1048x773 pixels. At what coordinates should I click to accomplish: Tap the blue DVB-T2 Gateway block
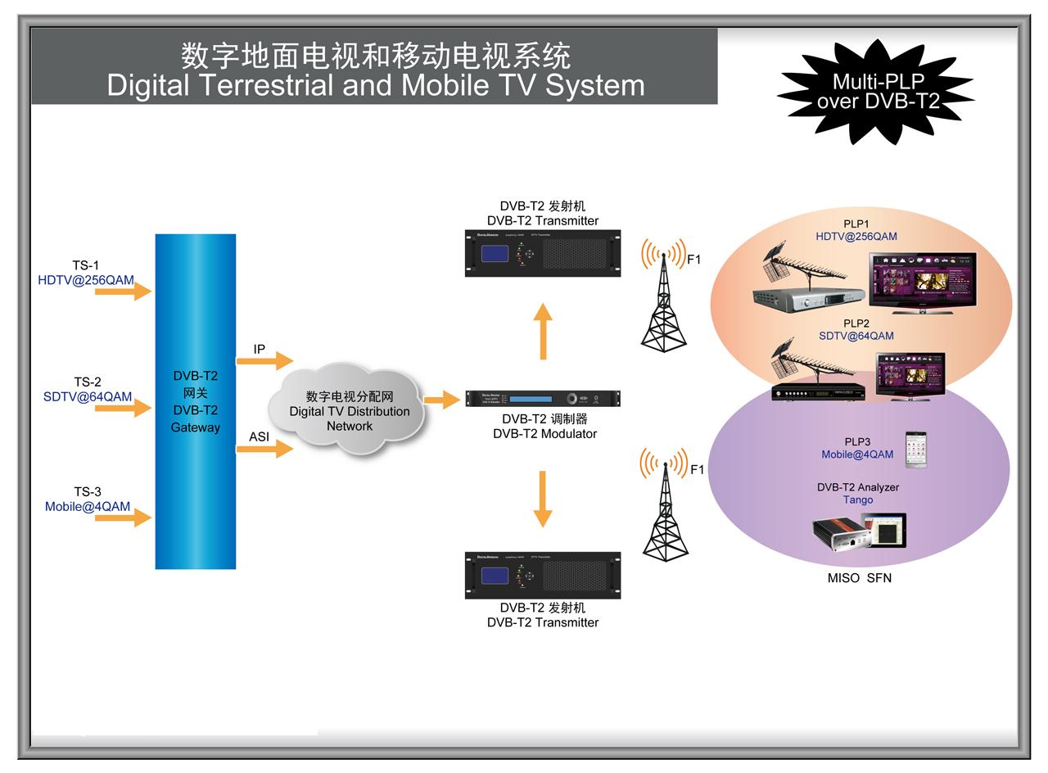pos(196,401)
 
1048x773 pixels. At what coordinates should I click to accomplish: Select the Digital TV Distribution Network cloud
pos(349,409)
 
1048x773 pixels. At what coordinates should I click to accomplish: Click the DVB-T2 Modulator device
pos(543,399)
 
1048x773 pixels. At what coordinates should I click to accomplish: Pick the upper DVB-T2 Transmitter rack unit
pos(543,253)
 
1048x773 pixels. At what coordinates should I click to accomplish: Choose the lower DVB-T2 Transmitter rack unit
pos(543,575)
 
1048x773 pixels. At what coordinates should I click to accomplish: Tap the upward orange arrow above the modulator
pos(542,331)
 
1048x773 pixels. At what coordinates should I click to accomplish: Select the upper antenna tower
pos(664,299)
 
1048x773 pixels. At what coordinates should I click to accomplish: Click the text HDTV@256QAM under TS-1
pos(86,280)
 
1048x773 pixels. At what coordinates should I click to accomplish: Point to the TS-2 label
pos(88,382)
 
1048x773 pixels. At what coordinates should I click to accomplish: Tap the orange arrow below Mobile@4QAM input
pos(123,518)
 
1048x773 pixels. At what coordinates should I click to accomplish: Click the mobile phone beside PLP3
pos(915,450)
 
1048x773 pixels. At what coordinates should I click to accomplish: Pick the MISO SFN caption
pos(859,578)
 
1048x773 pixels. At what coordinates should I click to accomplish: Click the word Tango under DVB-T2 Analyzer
pos(858,500)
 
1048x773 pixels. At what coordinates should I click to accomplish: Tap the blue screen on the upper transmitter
pos(494,253)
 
